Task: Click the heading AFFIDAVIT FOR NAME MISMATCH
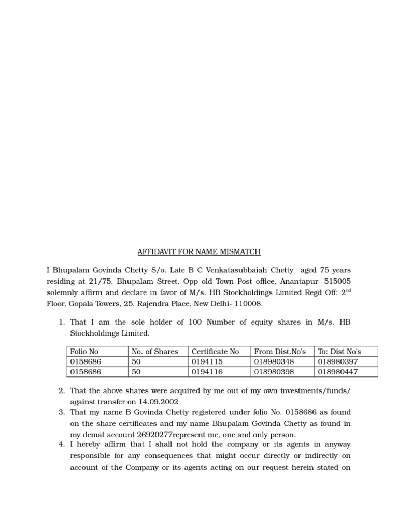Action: coord(198,252)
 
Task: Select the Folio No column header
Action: coord(84,351)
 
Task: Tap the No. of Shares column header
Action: coord(155,351)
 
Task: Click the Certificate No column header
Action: coord(215,351)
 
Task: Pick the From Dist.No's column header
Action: coord(280,351)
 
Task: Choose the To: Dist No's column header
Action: coord(339,351)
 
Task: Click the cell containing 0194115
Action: coord(207,361)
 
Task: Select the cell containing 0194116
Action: coord(207,372)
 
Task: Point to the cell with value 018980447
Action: coord(338,372)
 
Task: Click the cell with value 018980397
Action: coord(338,361)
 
